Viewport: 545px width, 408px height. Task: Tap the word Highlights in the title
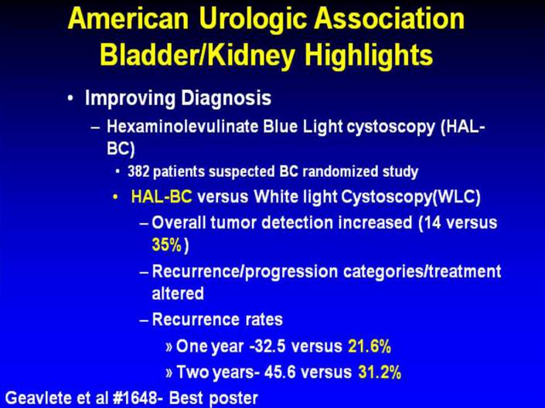pyautogui.click(x=369, y=54)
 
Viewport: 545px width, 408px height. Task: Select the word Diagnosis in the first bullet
pyautogui.click(x=226, y=98)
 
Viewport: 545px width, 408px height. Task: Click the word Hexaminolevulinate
pyautogui.click(x=182, y=127)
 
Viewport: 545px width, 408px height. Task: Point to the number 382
pyautogui.click(x=138, y=172)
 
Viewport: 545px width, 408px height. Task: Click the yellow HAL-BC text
pyautogui.click(x=162, y=197)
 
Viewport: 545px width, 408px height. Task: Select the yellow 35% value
pyautogui.click(x=167, y=245)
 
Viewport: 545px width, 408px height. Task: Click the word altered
pyautogui.click(x=178, y=294)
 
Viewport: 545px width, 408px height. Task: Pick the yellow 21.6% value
pyautogui.click(x=370, y=346)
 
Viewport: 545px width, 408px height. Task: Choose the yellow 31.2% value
pyautogui.click(x=380, y=372)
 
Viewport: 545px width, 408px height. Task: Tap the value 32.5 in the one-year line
pyautogui.click(x=270, y=346)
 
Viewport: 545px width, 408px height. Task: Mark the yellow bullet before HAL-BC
pyautogui.click(x=115, y=197)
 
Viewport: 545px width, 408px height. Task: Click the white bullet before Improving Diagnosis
pyautogui.click(x=70, y=99)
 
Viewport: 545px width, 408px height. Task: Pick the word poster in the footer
pyautogui.click(x=233, y=399)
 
